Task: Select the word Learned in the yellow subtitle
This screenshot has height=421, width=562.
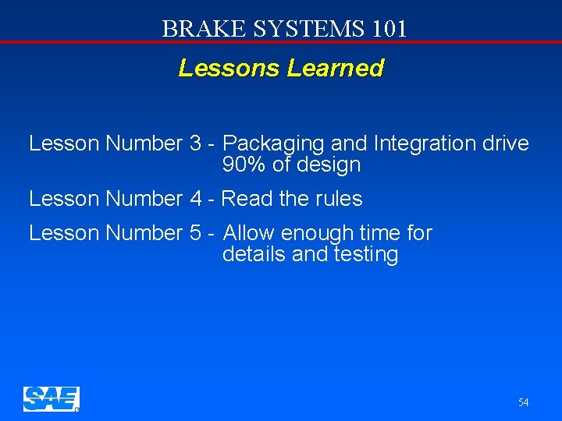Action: tap(336, 69)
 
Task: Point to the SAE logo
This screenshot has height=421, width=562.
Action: tap(51, 398)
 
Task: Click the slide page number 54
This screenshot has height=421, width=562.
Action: tap(523, 402)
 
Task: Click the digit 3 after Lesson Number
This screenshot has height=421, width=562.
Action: tap(195, 144)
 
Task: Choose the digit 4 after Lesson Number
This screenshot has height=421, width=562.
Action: tap(195, 199)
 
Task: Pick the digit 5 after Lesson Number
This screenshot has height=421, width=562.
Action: tap(195, 233)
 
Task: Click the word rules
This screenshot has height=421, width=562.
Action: tap(339, 199)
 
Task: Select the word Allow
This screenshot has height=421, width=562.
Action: tap(249, 233)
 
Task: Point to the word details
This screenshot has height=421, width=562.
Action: tap(254, 255)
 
